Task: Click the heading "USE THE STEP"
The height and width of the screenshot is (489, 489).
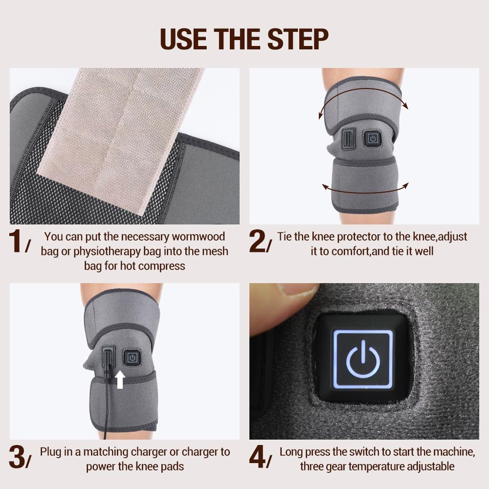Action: (x=244, y=39)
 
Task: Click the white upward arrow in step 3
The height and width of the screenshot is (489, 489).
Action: (x=120, y=379)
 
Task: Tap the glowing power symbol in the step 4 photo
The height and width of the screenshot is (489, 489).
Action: (x=362, y=361)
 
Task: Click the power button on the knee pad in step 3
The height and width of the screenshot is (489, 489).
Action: (x=132, y=357)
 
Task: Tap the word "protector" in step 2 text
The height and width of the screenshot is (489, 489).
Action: (x=353, y=237)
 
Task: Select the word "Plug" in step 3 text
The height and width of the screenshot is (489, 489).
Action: (x=51, y=451)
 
